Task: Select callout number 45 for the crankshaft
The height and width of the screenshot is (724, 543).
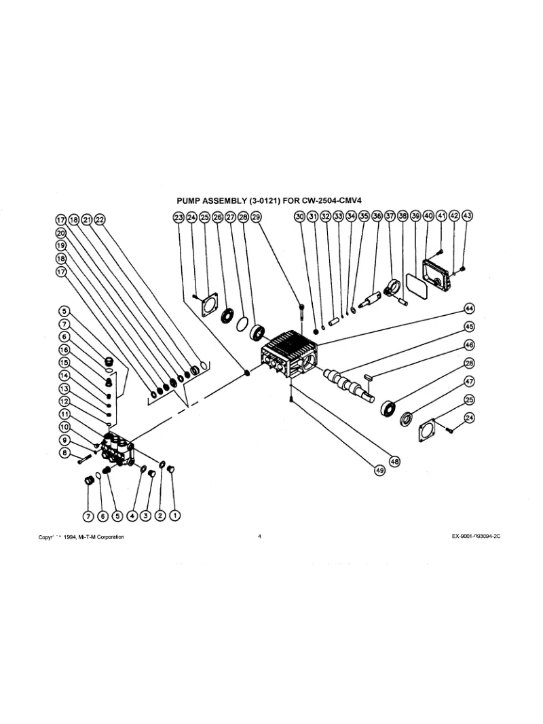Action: coord(468,327)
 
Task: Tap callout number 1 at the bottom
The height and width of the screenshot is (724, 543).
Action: coord(174,515)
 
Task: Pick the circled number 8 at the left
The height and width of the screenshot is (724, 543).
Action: coord(64,453)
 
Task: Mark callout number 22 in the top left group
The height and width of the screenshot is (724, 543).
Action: coord(100,219)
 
